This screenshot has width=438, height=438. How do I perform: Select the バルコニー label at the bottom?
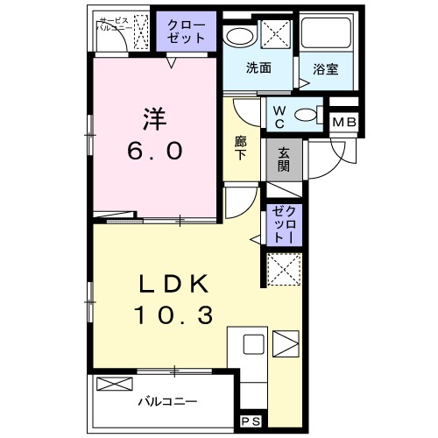coord(166,403)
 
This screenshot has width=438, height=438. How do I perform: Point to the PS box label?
coord(250,421)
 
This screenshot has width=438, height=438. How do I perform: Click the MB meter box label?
coord(343,122)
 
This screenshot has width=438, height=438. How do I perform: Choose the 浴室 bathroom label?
coord(326,69)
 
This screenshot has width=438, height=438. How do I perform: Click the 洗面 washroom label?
coord(257,68)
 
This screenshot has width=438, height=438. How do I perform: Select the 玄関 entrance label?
coord(284,159)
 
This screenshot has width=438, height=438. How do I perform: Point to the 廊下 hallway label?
coord(240,146)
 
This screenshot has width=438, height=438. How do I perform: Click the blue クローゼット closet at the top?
coord(186,32)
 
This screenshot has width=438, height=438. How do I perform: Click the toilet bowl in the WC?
coord(305,114)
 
